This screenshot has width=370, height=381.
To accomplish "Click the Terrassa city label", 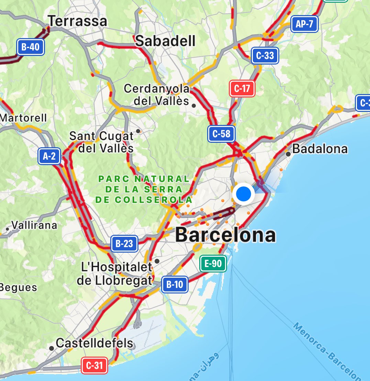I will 78,21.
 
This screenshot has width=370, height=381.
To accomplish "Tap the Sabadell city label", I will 165,41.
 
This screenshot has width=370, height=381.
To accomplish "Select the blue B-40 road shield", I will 31,47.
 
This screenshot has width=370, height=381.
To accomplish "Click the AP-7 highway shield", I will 304,24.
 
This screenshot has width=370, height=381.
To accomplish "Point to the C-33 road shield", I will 265,56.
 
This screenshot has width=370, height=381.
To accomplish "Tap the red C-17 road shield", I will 242,89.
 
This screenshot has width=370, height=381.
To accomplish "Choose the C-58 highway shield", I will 221,134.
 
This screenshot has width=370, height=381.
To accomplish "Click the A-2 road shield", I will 49,157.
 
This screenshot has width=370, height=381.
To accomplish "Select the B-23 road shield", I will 124,244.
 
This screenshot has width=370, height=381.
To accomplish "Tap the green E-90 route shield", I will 213,264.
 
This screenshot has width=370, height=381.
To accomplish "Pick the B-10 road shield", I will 175,285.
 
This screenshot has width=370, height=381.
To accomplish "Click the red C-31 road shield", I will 94,365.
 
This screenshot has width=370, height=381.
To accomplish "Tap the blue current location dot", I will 244,194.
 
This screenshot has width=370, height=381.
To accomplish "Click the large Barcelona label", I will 225,235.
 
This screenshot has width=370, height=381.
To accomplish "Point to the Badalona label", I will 320,149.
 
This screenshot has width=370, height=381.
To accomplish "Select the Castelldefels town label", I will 94,343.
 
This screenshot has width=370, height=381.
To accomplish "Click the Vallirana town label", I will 34,225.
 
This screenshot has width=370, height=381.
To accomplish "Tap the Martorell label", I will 23,118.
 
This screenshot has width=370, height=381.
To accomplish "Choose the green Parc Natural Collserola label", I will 144,189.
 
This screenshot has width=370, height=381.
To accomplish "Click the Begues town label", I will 18,287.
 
